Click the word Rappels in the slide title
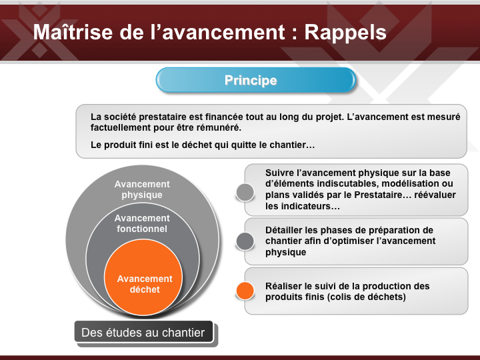tap(345, 33)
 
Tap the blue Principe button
tap(256, 80)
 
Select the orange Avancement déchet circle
tap(143, 277)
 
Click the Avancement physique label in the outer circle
tap(142, 189)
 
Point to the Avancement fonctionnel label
tap(142, 223)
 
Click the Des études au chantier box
tap(143, 332)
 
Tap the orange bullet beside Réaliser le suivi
tap(245, 291)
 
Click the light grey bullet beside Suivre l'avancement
tap(245, 192)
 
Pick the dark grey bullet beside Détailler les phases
tap(245, 241)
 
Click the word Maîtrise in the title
tap(73, 32)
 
